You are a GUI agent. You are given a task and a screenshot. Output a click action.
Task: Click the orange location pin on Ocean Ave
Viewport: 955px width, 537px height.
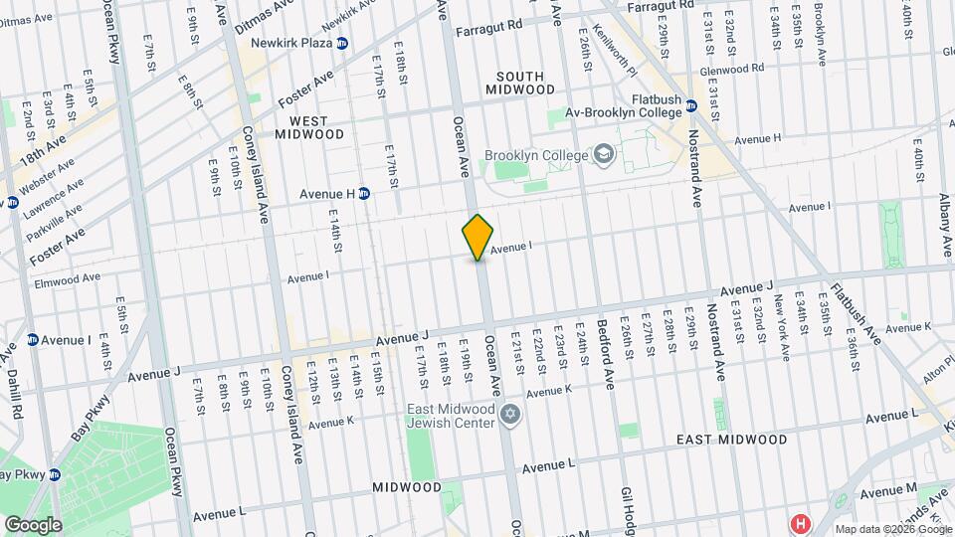click(x=478, y=237)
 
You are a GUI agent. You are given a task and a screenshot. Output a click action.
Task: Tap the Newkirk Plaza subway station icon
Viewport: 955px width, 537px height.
click(x=342, y=44)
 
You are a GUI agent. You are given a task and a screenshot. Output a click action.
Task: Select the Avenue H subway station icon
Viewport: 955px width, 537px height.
click(x=364, y=193)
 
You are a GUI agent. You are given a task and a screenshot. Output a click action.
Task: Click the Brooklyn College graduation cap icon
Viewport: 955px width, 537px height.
click(x=603, y=155)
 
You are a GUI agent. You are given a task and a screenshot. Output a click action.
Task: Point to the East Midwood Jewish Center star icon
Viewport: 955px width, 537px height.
click(x=510, y=414)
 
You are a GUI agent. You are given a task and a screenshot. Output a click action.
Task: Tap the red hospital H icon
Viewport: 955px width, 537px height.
click(x=799, y=522)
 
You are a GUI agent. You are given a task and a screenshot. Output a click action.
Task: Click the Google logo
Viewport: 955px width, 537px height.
click(x=33, y=524)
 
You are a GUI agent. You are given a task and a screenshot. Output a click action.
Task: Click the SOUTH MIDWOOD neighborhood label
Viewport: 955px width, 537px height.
click(x=520, y=83)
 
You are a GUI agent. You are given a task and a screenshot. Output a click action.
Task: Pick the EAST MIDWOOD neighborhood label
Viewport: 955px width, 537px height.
click(x=731, y=439)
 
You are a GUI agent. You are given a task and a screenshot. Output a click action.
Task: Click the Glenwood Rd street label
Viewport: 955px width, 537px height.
click(x=731, y=69)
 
